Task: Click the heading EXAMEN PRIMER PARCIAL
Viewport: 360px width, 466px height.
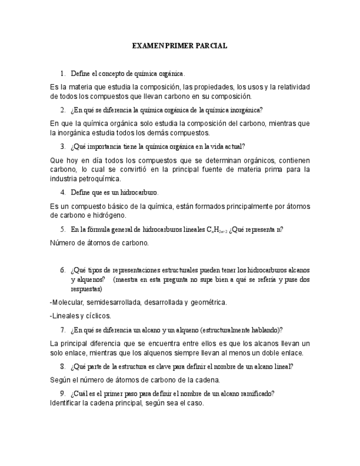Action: pyautogui.click(x=180, y=46)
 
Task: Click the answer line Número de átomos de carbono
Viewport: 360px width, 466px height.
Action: pyautogui.click(x=99, y=242)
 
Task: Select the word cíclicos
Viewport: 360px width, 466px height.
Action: pyautogui.click(x=97, y=315)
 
